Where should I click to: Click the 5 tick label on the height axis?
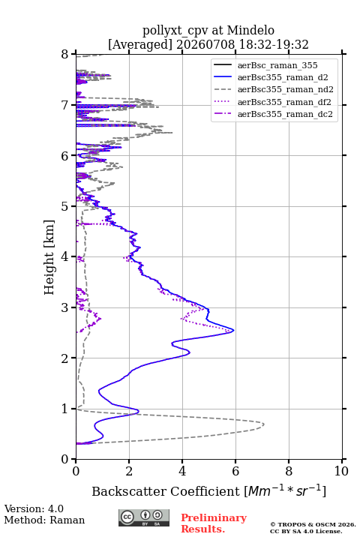click(x=65, y=206)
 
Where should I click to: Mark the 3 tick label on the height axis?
click(x=65, y=307)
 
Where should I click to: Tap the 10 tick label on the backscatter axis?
click(x=341, y=471)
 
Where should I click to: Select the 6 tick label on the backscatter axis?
click(x=235, y=471)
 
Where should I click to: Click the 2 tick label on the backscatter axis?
click(x=129, y=471)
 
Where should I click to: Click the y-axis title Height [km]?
click(x=49, y=257)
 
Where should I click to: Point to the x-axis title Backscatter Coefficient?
click(x=166, y=491)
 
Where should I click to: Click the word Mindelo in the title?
click(x=250, y=30)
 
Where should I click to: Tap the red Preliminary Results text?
click(x=214, y=523)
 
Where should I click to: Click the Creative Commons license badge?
click(x=144, y=518)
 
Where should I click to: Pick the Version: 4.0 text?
click(x=34, y=508)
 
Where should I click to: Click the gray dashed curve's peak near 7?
click(x=264, y=424)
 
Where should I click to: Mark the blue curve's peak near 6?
click(x=234, y=331)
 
